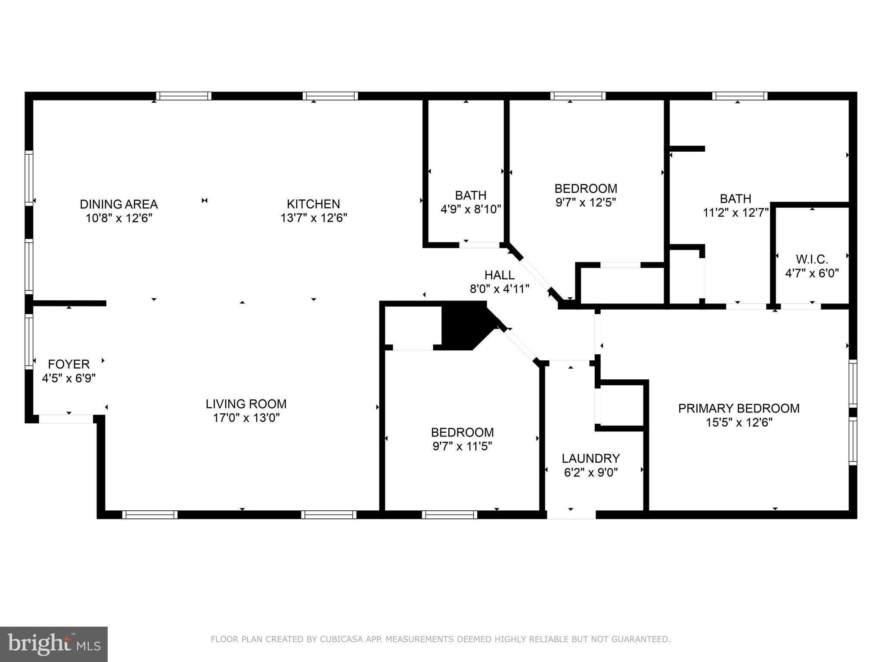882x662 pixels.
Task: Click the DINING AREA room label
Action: tap(119, 204)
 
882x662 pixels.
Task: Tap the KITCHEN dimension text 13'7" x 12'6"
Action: tap(314, 218)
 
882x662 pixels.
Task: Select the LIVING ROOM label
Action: tap(246, 404)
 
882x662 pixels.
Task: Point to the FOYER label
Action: tap(69, 364)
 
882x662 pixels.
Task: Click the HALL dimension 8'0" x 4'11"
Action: tap(500, 289)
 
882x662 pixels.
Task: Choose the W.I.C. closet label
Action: tap(812, 259)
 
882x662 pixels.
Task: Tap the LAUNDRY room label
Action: tap(590, 458)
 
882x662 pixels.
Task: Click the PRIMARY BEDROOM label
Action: tap(739, 408)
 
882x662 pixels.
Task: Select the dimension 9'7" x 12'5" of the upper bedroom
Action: tap(586, 203)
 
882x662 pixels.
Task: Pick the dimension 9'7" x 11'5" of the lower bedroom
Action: tap(462, 446)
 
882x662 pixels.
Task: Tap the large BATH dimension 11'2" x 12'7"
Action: tap(736, 213)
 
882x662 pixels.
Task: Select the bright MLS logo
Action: tap(54, 644)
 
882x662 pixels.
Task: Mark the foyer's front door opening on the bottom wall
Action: tap(66, 418)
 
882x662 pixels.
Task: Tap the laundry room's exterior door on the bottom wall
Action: tap(571, 514)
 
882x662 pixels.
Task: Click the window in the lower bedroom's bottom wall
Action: tap(449, 514)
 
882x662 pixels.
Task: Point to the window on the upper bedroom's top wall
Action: tap(578, 96)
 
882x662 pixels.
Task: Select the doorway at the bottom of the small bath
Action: tap(479, 245)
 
